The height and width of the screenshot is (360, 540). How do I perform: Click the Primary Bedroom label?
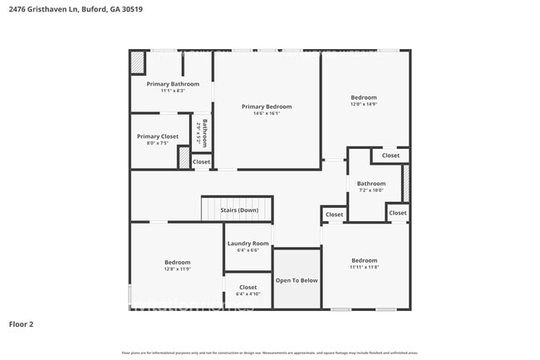267,106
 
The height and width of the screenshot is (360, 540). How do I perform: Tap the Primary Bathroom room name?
173,84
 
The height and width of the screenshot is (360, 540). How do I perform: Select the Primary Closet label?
158,136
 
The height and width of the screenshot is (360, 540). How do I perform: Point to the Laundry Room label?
248,243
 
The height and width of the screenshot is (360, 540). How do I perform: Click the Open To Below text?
297,281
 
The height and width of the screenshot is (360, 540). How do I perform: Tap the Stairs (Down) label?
239,210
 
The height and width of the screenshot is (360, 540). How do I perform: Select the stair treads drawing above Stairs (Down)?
237,202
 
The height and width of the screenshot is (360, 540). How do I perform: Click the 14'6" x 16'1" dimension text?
267,114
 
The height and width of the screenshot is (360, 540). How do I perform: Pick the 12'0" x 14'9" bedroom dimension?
363,105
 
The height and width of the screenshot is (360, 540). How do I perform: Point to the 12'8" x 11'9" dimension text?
177,269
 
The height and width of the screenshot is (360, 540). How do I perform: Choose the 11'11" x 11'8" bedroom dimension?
364,268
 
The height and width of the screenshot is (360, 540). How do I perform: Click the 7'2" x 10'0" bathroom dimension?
371,190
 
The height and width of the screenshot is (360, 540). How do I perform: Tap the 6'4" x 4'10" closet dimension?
248,294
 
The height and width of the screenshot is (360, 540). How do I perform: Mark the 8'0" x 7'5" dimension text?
158,143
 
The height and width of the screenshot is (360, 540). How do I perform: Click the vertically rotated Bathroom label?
204,133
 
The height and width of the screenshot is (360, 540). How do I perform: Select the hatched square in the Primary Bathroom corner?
138,62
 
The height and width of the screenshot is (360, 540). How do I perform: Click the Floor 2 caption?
21,324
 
